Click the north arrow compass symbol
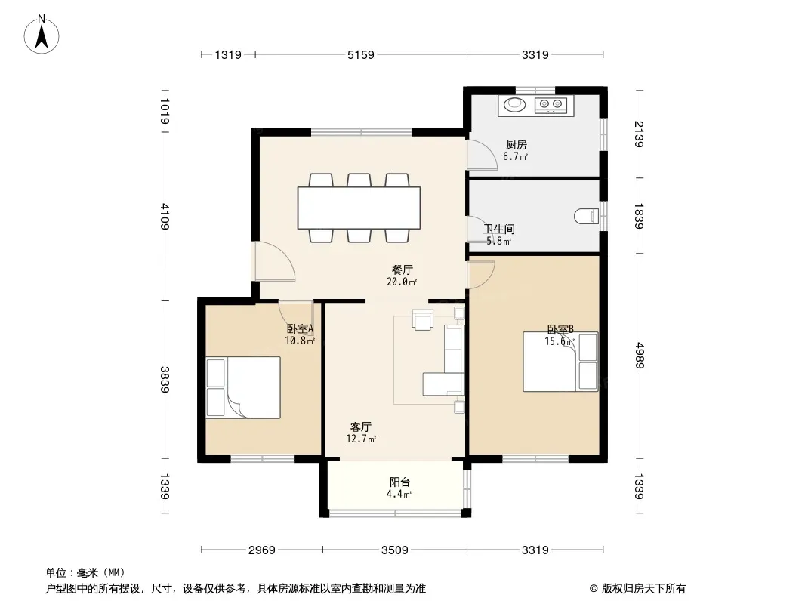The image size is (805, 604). pyautogui.click(x=42, y=35)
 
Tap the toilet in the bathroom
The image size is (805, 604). pyautogui.click(x=586, y=216)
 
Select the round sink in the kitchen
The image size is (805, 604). pyautogui.click(x=514, y=105)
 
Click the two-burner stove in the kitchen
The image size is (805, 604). pyautogui.click(x=551, y=105)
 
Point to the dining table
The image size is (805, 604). pyautogui.click(x=359, y=208)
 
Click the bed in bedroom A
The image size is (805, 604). pyautogui.click(x=243, y=387)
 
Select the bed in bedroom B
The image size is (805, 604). pyautogui.click(x=560, y=362)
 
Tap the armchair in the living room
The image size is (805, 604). pyautogui.click(x=423, y=319)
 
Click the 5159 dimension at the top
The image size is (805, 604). pyautogui.click(x=361, y=54)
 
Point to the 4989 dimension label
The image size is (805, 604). pyautogui.click(x=639, y=355)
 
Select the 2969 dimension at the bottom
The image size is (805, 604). pyautogui.click(x=262, y=550)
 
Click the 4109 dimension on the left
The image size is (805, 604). pyautogui.click(x=165, y=216)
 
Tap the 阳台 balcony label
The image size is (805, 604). pyautogui.click(x=399, y=482)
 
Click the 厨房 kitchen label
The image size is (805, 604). pyautogui.click(x=516, y=145)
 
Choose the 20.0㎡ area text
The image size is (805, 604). pyautogui.click(x=402, y=282)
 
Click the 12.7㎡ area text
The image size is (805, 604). pyautogui.click(x=361, y=439)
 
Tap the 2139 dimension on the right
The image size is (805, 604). pyautogui.click(x=639, y=134)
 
